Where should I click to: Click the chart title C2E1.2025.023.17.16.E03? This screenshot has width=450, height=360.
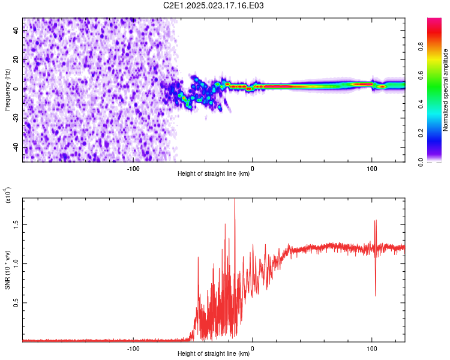coord(214,5)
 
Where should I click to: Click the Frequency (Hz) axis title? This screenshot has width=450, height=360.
coord(7,90)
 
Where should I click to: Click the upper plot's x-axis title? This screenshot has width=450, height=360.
coord(214,174)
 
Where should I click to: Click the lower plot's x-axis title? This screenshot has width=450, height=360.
coord(214,353)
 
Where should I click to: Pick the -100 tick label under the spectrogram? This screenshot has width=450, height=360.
coord(133,168)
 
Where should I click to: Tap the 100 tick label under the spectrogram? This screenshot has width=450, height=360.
coord(372,168)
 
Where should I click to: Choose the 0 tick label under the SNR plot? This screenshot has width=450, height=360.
coord(253,347)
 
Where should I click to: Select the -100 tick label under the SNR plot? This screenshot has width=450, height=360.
coord(133,347)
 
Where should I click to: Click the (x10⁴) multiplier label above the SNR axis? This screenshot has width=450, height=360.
coord(7,196)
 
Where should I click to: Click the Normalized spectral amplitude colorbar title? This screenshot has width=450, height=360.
coord(445,90)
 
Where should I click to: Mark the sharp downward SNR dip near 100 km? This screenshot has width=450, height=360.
coord(376,294)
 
